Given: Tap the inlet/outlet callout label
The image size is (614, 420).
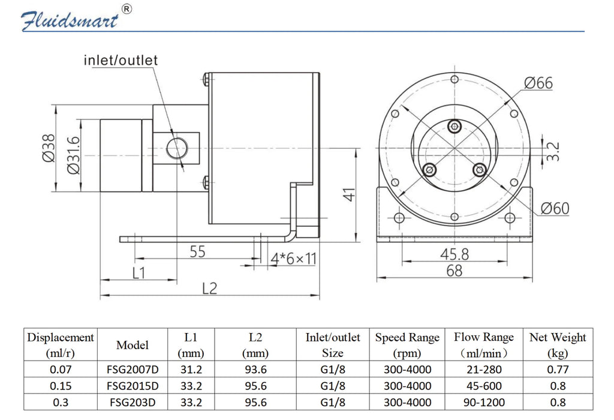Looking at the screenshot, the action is (121, 61).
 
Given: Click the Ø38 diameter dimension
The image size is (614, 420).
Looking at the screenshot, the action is (49, 148).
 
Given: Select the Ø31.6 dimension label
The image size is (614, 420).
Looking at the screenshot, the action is (74, 155).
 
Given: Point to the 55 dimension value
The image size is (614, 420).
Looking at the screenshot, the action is (197, 251).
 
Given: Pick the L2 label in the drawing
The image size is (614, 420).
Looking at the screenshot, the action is (209, 289).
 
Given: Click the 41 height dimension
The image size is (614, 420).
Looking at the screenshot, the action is (349, 195).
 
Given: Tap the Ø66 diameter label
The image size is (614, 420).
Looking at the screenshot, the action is (538, 83).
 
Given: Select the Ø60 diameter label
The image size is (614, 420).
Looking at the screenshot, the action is (555, 208).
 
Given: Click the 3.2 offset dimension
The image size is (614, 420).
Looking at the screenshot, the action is (552, 152).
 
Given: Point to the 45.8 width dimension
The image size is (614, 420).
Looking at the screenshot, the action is (455, 254).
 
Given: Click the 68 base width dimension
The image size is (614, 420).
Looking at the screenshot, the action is (455, 271).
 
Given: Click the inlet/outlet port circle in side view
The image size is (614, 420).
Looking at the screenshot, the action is (177, 148).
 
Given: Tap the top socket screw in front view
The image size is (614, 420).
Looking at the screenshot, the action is (455, 126).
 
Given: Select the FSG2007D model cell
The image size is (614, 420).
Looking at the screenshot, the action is (133, 369).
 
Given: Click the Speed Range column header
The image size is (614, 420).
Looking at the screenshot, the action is (407, 345).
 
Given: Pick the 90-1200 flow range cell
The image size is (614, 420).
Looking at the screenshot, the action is (484, 402).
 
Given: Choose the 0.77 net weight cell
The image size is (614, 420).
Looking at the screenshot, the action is (558, 369).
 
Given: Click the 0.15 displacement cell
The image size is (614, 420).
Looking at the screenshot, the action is (61, 386).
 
